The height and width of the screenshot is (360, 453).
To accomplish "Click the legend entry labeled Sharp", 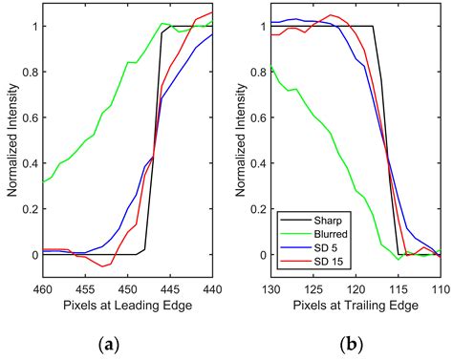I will (x=325, y=221).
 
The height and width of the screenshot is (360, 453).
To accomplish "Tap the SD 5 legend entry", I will (x=324, y=247).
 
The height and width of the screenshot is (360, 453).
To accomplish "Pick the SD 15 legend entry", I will (x=326, y=261).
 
